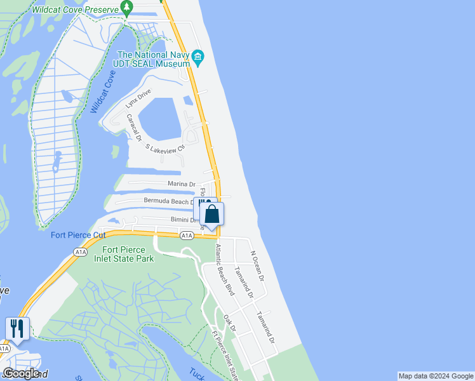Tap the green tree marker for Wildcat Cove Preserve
pos(127,8)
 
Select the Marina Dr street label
pos(181,184)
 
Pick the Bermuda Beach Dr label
pos(168,201)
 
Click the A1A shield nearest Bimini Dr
pos(186,236)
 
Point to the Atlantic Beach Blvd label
pos(225,270)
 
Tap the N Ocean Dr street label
pos(257,265)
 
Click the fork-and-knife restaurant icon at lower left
pos(17,328)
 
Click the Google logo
pos(20,373)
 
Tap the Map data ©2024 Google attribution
pos(436,376)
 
